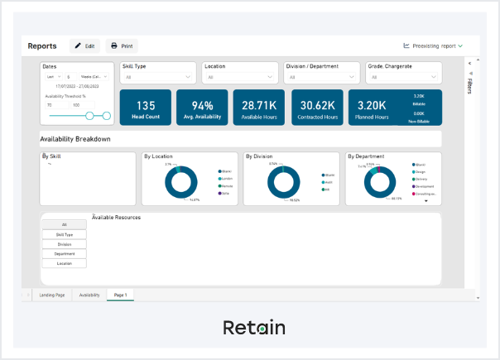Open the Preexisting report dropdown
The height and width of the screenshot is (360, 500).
433,46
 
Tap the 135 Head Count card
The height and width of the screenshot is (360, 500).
146,108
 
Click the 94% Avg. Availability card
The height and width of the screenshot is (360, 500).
202,108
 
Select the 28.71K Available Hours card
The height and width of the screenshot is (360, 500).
259,108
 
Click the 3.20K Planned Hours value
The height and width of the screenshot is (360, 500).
372,106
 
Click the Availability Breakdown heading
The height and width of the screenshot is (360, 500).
75,139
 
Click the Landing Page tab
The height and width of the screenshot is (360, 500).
52,295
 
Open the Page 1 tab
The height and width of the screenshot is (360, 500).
121,295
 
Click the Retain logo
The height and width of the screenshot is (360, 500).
254,328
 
